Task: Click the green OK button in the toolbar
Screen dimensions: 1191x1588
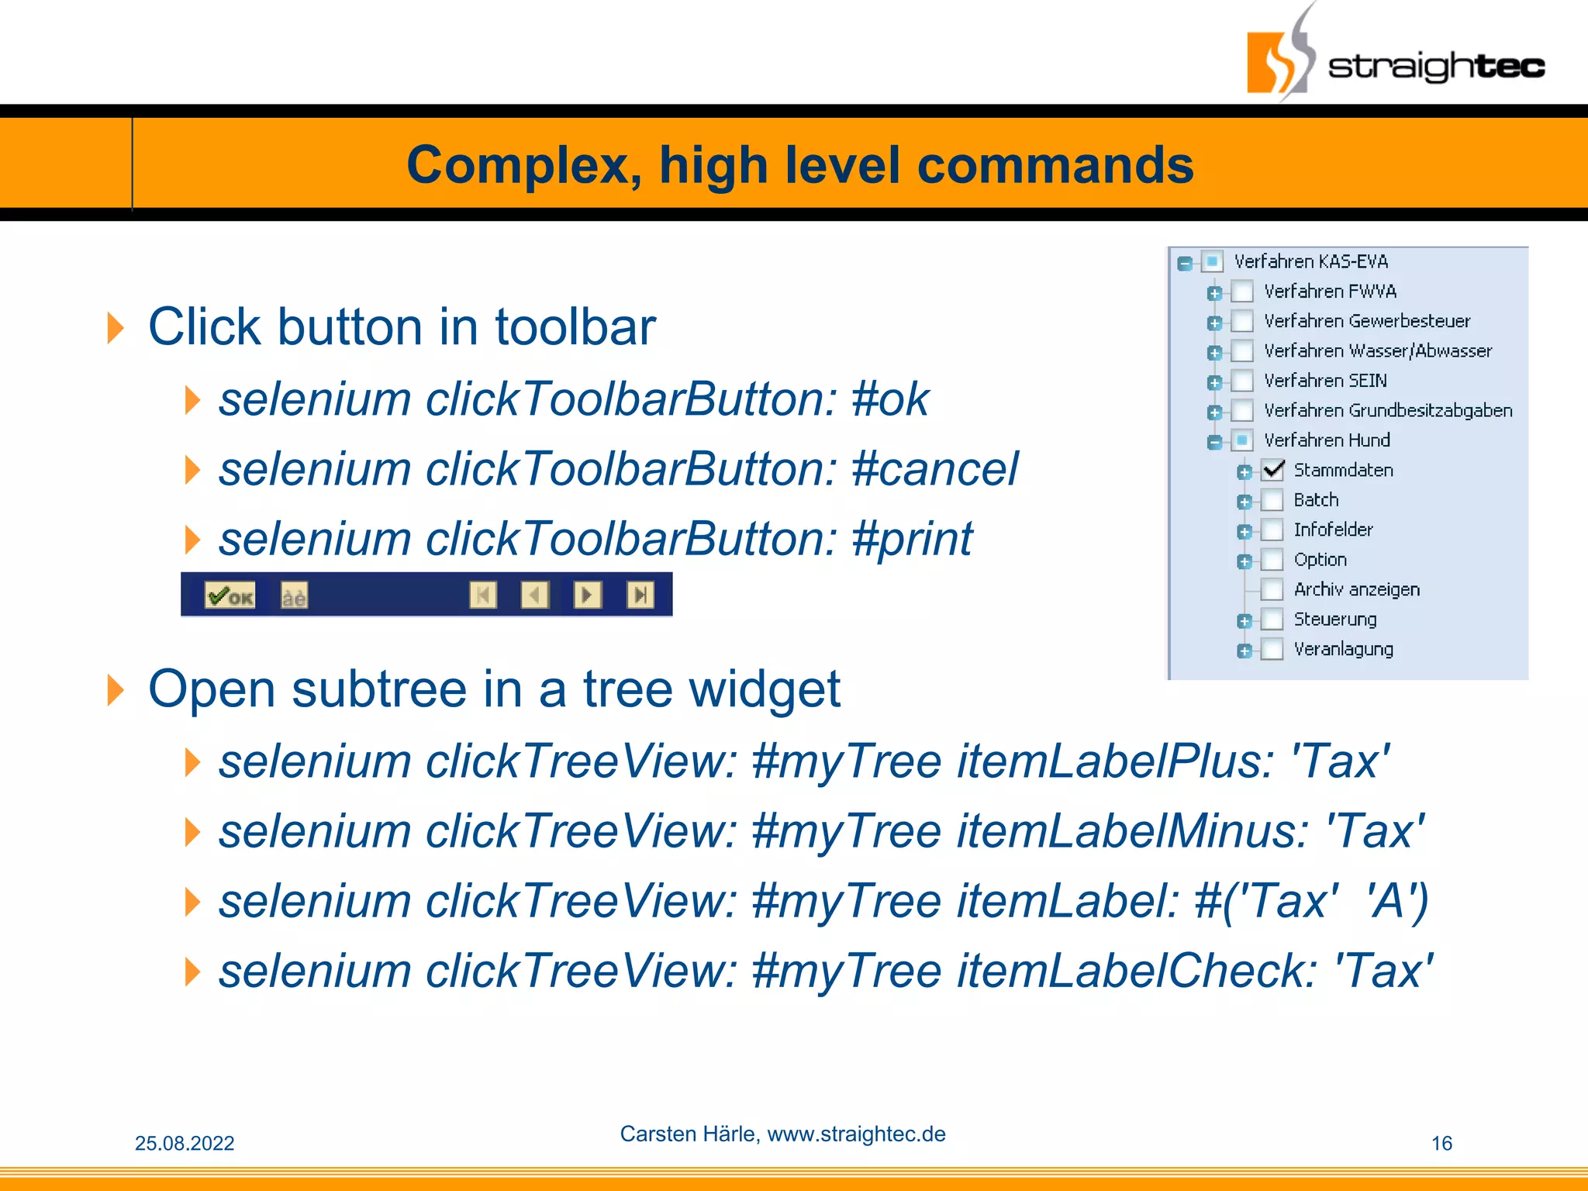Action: click(x=230, y=595)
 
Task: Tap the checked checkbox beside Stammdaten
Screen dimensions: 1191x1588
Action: click(x=1272, y=470)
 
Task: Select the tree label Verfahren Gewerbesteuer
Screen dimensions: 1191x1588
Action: click(x=1366, y=321)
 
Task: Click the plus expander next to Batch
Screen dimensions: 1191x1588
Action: click(x=1245, y=502)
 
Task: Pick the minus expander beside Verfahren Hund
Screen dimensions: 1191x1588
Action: click(x=1215, y=442)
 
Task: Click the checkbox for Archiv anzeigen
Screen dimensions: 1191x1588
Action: click(x=1272, y=589)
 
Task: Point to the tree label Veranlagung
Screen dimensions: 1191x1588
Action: click(x=1343, y=649)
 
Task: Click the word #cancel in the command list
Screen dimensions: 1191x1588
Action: click(x=934, y=469)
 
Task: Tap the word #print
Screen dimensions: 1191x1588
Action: click(x=911, y=539)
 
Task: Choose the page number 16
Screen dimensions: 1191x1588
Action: click(x=1441, y=1143)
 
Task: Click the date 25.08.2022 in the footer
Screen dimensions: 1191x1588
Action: click(x=185, y=1143)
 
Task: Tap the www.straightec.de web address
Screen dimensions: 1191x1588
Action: click(x=856, y=1134)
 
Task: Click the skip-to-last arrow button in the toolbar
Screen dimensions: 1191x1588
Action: click(x=640, y=595)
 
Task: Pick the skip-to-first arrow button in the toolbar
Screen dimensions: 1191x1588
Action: click(x=483, y=595)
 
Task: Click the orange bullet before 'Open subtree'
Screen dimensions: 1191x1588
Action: click(x=116, y=689)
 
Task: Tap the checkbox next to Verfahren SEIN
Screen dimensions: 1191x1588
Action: click(x=1243, y=381)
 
